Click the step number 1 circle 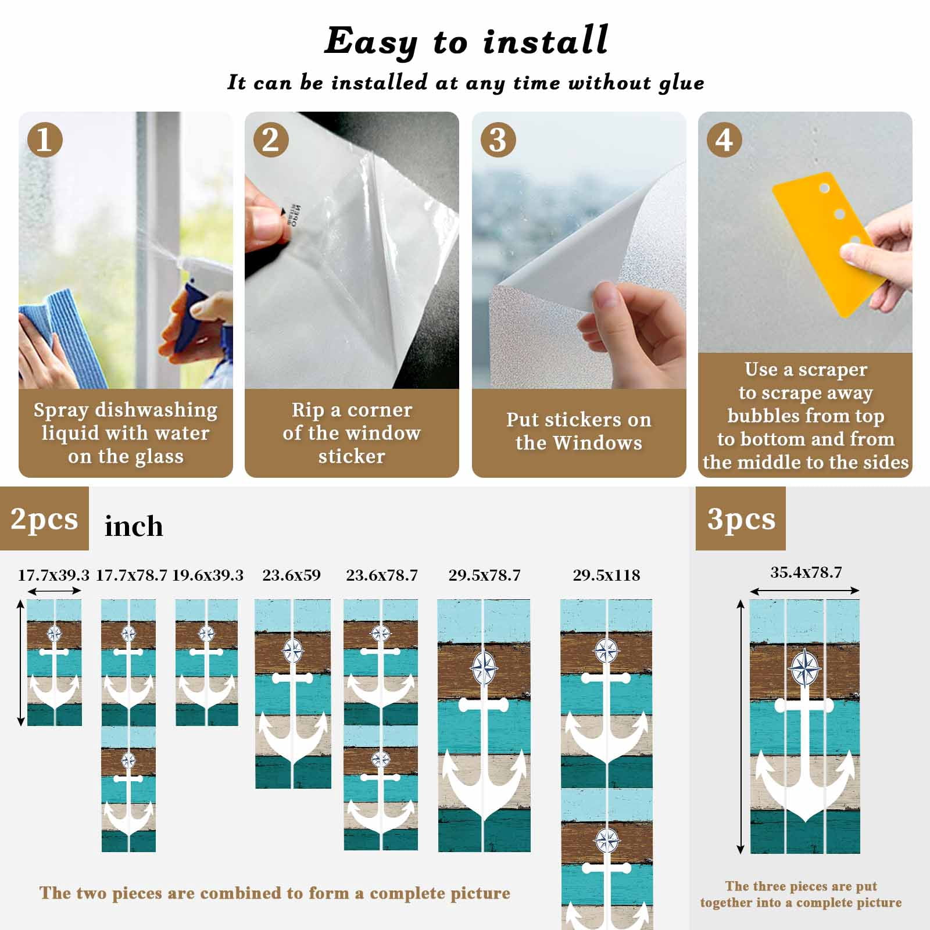pos(45,139)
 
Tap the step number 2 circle pos(271,139)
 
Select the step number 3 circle pos(498,139)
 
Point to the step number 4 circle pos(724,139)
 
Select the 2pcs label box pos(44,518)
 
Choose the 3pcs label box pos(741,518)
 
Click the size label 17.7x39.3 pos(53,575)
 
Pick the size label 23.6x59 pos(292,575)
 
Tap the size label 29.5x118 pos(606,575)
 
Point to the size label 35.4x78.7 pos(806,573)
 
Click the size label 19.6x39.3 pos(208,575)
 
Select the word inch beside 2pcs pos(134,526)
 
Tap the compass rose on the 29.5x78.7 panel pos(484,668)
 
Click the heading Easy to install pos(466,41)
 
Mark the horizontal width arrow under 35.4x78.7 pos(804,591)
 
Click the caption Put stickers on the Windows pos(579,431)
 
